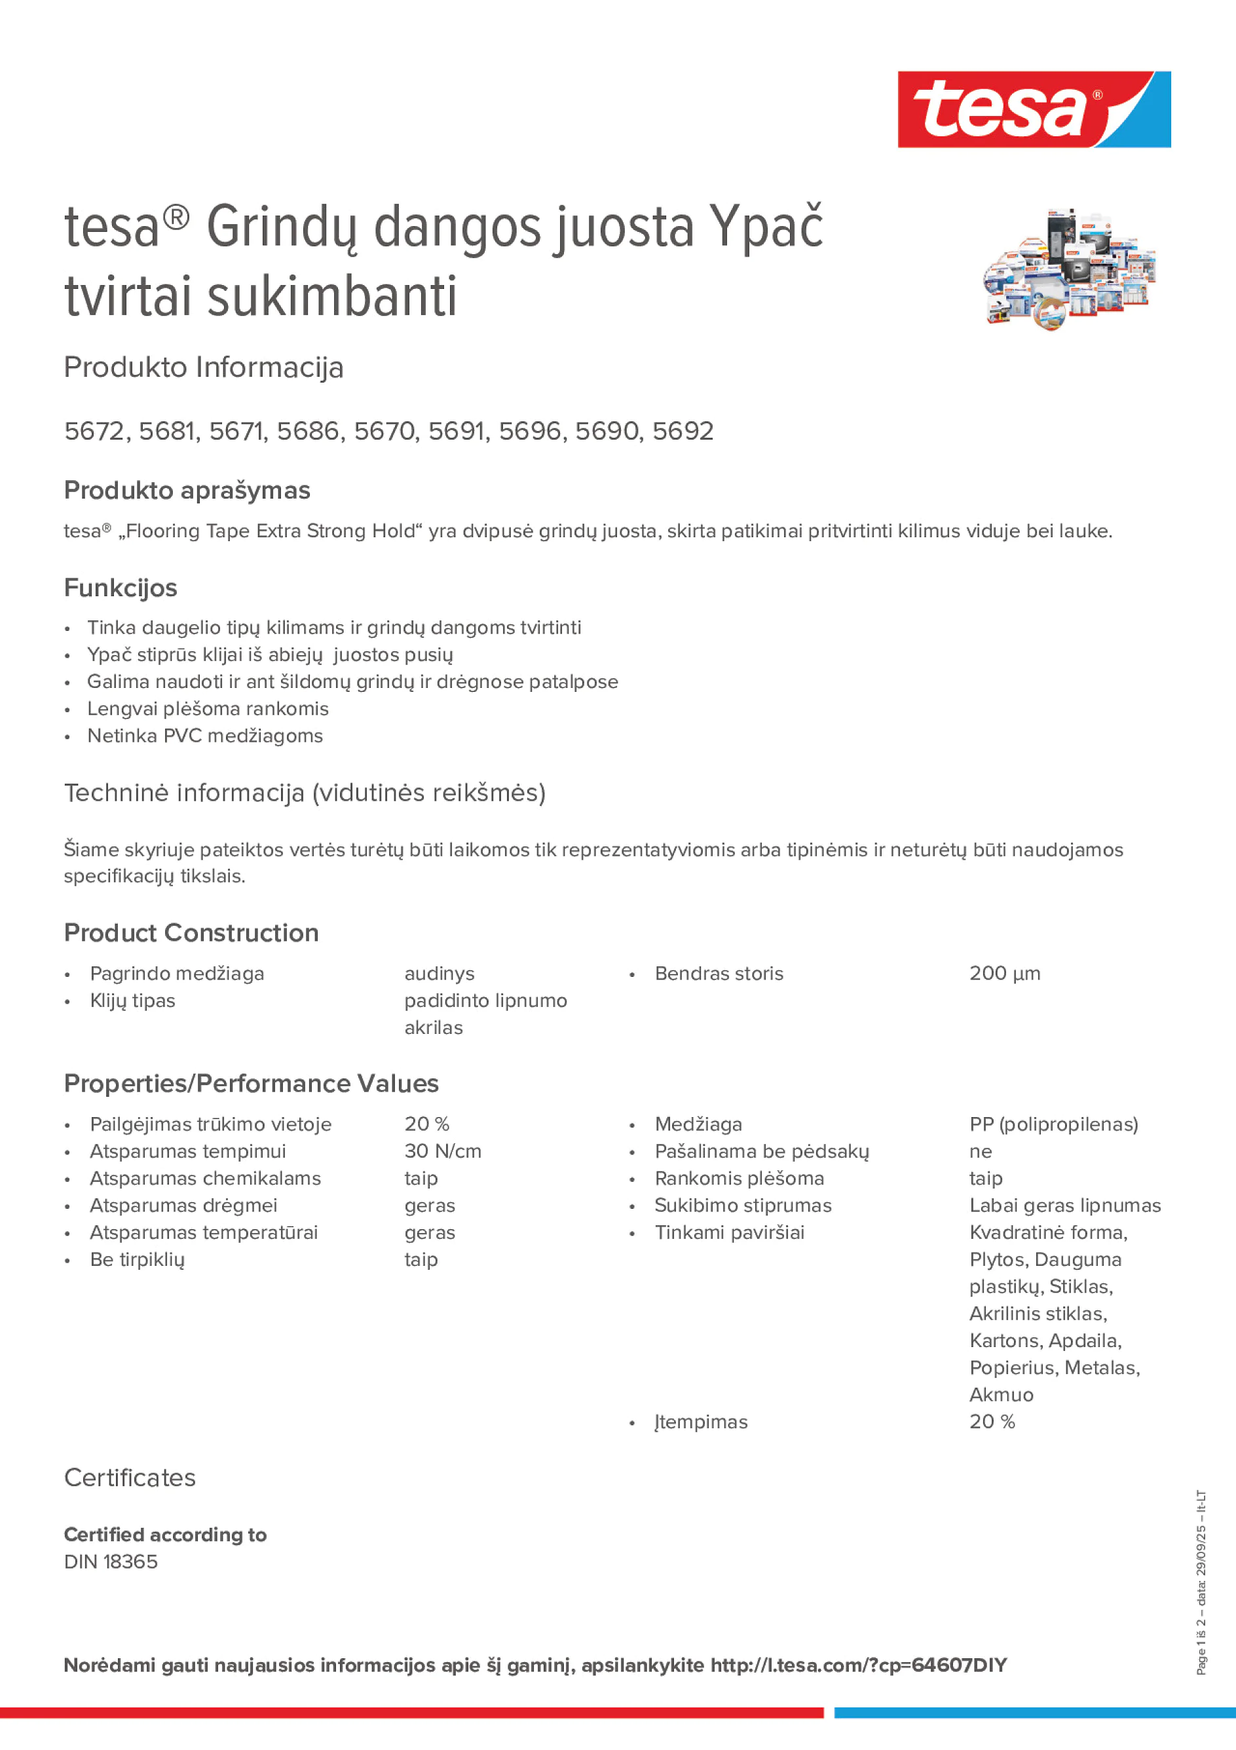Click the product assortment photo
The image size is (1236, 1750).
pyautogui.click(x=1069, y=269)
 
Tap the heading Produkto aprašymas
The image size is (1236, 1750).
pyautogui.click(x=187, y=490)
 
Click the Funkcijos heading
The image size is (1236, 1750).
pyautogui.click(x=121, y=588)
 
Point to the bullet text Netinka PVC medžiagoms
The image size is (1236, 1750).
pyautogui.click(x=204, y=736)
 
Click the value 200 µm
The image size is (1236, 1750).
pyautogui.click(x=1004, y=974)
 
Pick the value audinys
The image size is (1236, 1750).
pyautogui.click(x=439, y=974)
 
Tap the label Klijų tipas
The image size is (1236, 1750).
pyautogui.click(x=132, y=1000)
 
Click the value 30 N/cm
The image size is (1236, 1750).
pyautogui.click(x=443, y=1151)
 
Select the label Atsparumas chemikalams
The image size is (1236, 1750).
pyautogui.click(x=205, y=1179)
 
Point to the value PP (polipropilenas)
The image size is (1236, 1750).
pyautogui.click(x=1053, y=1124)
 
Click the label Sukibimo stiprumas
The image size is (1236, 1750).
pyautogui.click(x=742, y=1205)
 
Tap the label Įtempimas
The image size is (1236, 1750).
pyautogui.click(x=700, y=1422)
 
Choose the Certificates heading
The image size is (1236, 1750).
pyautogui.click(x=130, y=1477)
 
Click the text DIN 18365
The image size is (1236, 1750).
pyautogui.click(x=111, y=1562)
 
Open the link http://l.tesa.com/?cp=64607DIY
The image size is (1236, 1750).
pyautogui.click(x=858, y=1665)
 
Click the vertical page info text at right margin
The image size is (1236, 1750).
pyautogui.click(x=1201, y=1582)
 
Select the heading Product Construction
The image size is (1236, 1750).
pyautogui.click(x=191, y=932)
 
